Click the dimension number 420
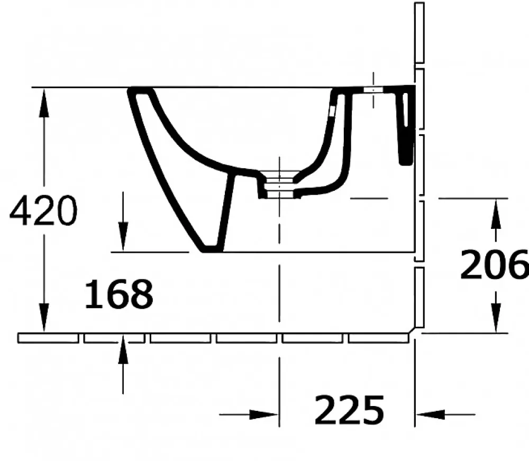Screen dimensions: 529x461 point(43,211)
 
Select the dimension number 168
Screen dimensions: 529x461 point(118,294)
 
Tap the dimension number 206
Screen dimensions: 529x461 point(494,264)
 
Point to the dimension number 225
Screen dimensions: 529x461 point(350,410)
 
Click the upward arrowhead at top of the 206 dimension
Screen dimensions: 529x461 point(496,214)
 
